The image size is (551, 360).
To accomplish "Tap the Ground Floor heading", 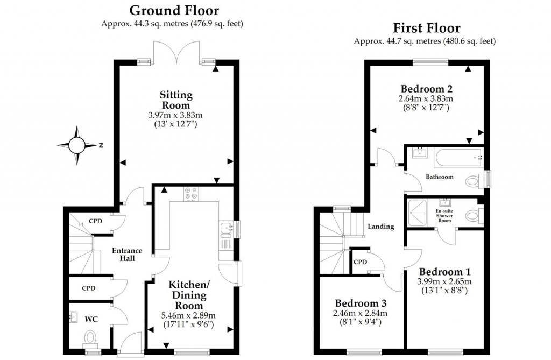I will pos(174,10).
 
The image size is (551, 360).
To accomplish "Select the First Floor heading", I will pos(426,27).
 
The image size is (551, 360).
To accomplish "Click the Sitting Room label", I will pos(175,100).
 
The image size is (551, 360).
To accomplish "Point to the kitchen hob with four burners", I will pos(190,193).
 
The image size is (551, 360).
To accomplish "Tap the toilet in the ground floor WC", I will pos(90,338).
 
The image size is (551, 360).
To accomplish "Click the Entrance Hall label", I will pos(127,254).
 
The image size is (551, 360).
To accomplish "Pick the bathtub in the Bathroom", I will pos(457,157).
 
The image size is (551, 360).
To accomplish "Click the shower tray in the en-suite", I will pos(420,214).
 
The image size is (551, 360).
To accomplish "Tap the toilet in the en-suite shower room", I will pos(471,215).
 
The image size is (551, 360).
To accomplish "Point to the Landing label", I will pos(380,227).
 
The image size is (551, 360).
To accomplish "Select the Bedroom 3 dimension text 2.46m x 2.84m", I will pos(360,313).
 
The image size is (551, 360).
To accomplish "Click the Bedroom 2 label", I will pos(426,89).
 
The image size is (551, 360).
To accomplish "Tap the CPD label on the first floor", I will pos(360,262).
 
